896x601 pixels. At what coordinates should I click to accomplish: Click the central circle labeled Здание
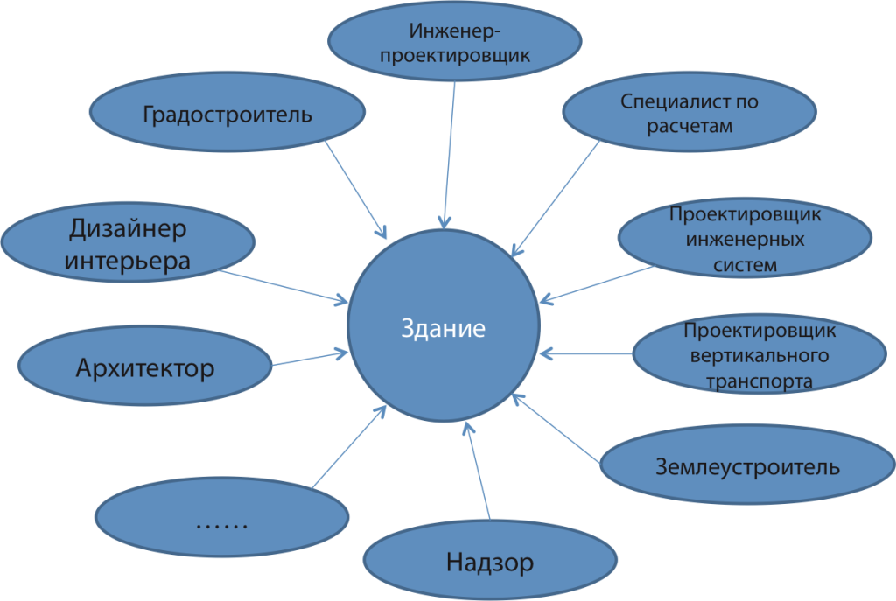click(444, 325)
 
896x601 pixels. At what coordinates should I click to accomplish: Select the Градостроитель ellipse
click(227, 112)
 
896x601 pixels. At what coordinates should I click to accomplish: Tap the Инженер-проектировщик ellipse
click(455, 41)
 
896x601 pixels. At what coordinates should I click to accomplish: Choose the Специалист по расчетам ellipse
click(689, 112)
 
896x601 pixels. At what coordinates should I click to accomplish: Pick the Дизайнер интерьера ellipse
click(128, 241)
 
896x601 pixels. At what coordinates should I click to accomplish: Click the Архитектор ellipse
click(145, 366)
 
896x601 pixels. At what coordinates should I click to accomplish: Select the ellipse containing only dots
click(221, 517)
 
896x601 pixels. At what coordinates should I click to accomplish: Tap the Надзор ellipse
click(490, 560)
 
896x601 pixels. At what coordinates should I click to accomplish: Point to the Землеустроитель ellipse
click(747, 465)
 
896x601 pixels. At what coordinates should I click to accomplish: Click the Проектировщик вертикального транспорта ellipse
click(759, 354)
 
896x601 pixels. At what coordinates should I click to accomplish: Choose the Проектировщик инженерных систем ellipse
click(745, 238)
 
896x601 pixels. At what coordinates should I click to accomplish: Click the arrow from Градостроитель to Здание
click(356, 190)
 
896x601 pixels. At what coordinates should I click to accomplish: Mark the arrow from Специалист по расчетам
click(556, 199)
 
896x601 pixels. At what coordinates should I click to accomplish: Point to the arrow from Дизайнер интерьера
click(283, 286)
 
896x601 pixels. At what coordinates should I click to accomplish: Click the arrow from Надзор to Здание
click(478, 471)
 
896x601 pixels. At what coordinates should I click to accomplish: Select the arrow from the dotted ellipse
click(349, 447)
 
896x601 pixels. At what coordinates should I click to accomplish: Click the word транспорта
click(759, 381)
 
